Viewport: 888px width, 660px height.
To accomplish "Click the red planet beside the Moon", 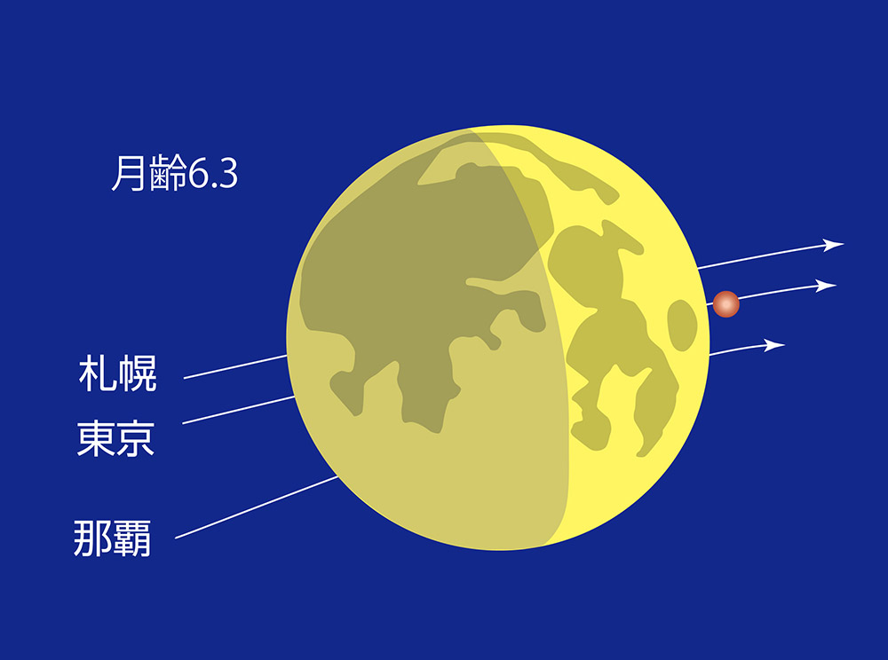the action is tap(725, 303).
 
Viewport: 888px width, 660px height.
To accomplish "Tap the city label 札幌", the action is tap(117, 373).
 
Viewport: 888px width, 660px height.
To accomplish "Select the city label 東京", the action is tap(115, 438).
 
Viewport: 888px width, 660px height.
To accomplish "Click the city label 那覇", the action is tap(112, 538).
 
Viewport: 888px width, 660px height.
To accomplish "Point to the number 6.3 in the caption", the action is tap(213, 173).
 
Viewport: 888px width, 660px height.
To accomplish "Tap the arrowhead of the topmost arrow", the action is tap(833, 245).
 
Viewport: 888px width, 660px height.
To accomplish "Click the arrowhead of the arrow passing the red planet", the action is tap(826, 287).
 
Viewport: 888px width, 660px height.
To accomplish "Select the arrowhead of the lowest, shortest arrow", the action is tap(774, 345).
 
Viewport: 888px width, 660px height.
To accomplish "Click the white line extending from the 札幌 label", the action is tap(235, 366).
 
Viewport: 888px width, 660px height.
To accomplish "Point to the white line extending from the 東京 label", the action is tap(238, 410).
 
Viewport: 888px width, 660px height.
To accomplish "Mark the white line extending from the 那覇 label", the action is tap(257, 507).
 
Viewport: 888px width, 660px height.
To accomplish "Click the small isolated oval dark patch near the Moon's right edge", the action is tap(682, 326).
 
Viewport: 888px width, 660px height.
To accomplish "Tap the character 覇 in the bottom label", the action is tap(132, 538).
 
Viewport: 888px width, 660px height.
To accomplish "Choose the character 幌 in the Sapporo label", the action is tap(137, 373).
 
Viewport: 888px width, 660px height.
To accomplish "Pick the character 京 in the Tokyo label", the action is tap(135, 438).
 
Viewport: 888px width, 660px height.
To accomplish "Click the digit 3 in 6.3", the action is tap(227, 173).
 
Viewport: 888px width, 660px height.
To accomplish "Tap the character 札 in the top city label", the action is tap(98, 373).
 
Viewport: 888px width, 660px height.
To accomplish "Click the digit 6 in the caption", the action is tap(198, 173).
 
